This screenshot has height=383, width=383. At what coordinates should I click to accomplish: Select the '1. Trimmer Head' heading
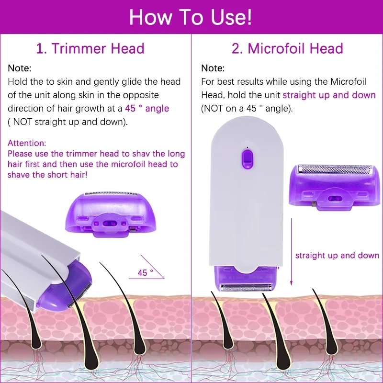pos(90,48)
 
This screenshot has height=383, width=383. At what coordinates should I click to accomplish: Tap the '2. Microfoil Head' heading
pos(287,48)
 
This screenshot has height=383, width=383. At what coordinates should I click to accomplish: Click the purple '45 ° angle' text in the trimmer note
pos(147,108)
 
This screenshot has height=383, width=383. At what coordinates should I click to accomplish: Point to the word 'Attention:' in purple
pos(27,143)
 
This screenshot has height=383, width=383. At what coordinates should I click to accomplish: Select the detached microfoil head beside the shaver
pos(334,184)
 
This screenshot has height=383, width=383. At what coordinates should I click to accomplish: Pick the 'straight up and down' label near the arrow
pos(337,255)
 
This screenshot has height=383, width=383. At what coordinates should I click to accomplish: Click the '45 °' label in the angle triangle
pos(145,272)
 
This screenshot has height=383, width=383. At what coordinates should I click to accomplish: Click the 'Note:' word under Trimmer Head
pos(20,68)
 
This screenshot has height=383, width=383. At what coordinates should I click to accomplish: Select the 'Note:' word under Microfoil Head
pos(213,68)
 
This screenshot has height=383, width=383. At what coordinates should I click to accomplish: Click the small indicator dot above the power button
pos(247,146)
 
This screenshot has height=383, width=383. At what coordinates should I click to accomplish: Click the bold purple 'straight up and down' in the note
pos(329,95)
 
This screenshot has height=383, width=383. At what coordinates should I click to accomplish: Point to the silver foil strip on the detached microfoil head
pos(334,169)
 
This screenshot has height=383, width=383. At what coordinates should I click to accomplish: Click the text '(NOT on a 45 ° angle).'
pos(246,108)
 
